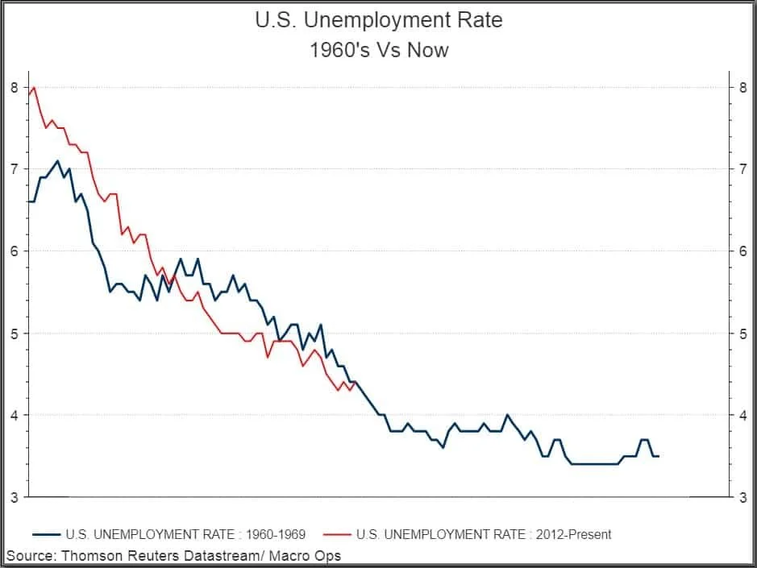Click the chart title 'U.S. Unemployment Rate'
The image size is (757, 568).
pyautogui.click(x=378, y=20)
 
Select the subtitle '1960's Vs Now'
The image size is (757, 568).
pyautogui.click(x=378, y=50)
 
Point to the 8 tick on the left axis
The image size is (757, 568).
pyautogui.click(x=14, y=87)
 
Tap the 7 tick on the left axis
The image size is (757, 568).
pyautogui.click(x=14, y=169)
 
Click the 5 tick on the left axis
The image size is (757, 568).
pyautogui.click(x=14, y=333)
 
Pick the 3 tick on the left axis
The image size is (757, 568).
pyautogui.click(x=14, y=497)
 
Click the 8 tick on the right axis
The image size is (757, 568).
pyautogui.click(x=742, y=87)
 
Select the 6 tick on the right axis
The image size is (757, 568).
pyautogui.click(x=742, y=251)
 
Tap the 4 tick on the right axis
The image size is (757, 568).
pyautogui.click(x=742, y=415)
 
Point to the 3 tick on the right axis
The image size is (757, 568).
pyautogui.click(x=742, y=497)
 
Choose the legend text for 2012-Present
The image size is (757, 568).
pyautogui.click(x=483, y=533)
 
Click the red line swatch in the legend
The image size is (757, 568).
pyautogui.click(x=336, y=533)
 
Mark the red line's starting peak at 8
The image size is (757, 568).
pyautogui.click(x=33, y=87)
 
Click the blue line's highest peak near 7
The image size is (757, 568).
pyautogui.click(x=56, y=161)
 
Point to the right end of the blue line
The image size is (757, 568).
pyautogui.click(x=659, y=456)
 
